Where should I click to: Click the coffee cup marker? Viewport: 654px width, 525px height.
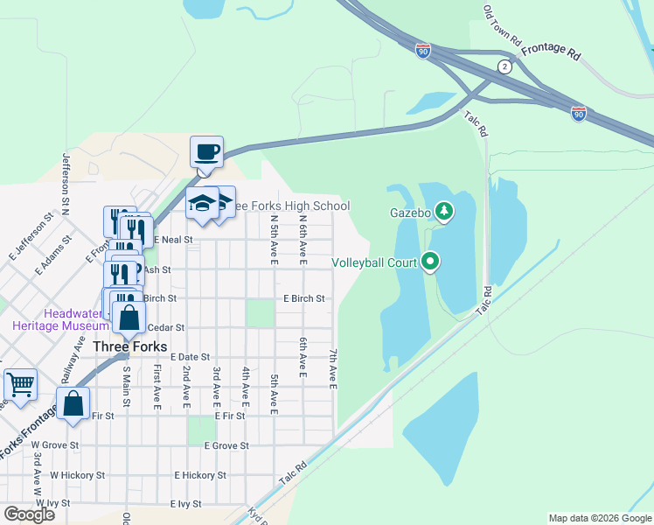click(207, 152)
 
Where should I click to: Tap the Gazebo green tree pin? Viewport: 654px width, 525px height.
click(444, 210)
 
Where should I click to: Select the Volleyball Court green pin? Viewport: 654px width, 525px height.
click(430, 261)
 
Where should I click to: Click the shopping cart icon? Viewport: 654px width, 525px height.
click(20, 383)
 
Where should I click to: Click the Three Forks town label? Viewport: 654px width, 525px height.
click(130, 346)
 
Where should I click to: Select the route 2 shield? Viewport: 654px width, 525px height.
click(504, 67)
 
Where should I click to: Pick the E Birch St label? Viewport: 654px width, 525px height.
click(304, 298)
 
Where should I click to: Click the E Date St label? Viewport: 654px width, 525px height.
click(191, 357)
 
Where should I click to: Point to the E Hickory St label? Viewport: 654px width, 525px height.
click(200, 475)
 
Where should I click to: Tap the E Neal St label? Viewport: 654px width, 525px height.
click(173, 239)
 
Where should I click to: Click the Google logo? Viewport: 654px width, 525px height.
click(30, 514)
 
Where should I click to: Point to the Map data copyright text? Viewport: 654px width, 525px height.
click(600, 518)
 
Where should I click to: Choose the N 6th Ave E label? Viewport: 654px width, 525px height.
click(303, 241)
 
